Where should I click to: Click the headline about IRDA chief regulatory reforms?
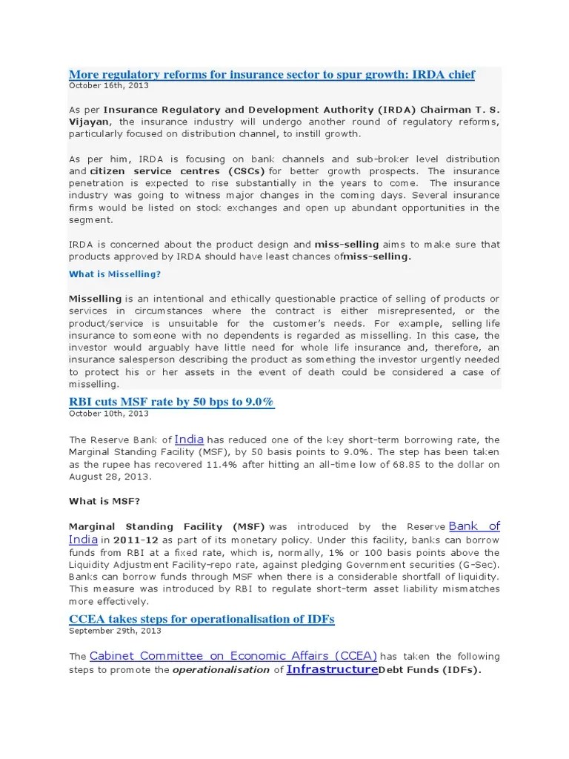271,75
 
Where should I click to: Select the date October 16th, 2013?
108,86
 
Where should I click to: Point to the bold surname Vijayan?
89,121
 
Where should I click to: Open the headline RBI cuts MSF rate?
171,402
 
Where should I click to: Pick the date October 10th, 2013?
108,414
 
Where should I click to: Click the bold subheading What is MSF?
104,501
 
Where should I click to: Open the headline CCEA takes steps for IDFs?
202,619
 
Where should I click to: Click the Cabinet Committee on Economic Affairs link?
233,656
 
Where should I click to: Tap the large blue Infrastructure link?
332,669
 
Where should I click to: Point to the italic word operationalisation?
221,669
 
